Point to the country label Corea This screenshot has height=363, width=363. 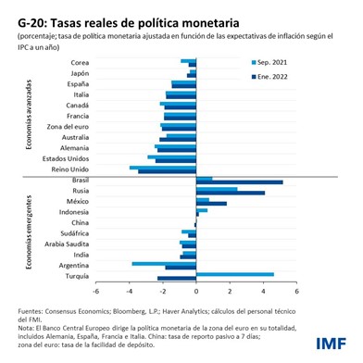80,62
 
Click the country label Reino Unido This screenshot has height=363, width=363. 70,169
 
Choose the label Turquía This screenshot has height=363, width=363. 76,276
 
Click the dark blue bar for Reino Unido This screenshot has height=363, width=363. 167,171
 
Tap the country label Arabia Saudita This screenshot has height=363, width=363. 69,244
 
